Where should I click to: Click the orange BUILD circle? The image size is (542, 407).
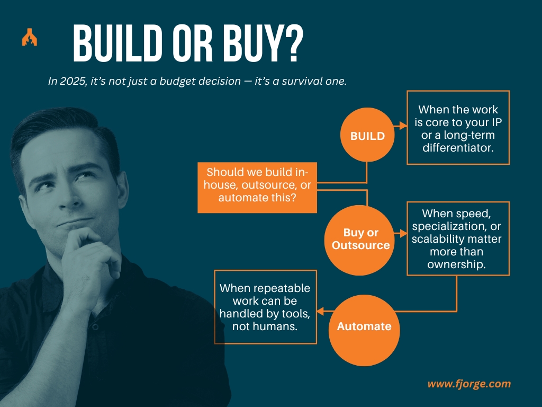pyautogui.click(x=367, y=135)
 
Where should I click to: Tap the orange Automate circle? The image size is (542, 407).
pyautogui.click(x=364, y=326)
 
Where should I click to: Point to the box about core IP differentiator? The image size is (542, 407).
pyautogui.click(x=458, y=128)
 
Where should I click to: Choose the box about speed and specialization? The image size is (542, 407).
pyautogui.click(x=458, y=238)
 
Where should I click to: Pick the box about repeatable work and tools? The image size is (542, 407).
pyautogui.click(x=265, y=307)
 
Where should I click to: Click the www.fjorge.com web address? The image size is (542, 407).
pyautogui.click(x=469, y=384)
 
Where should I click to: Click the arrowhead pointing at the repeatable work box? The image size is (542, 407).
pyautogui.click(x=321, y=311)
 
